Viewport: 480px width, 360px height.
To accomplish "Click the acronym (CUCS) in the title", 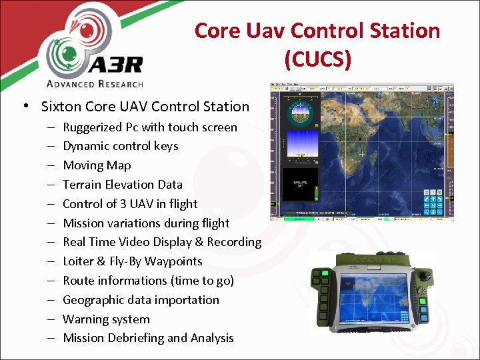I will coord(317,59).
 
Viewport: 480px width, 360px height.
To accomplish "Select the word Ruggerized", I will coord(93,127).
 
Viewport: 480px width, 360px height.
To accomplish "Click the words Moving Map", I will coord(97,165).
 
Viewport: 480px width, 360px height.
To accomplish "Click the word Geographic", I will coord(94,300).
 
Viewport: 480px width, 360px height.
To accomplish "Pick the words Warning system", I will coord(106,319).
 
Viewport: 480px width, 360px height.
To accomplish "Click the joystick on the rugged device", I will coord(422,274).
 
